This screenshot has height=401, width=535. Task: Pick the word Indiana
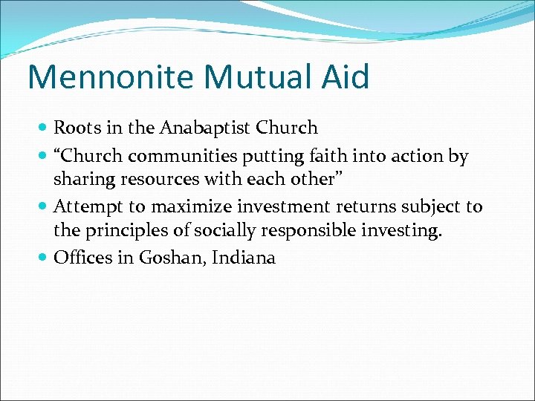pyautogui.click(x=245, y=258)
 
